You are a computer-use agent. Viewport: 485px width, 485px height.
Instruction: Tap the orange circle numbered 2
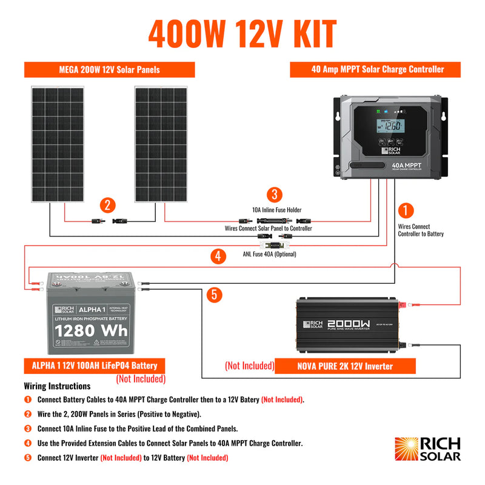(107, 205)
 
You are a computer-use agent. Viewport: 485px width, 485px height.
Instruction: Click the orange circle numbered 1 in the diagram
(405, 210)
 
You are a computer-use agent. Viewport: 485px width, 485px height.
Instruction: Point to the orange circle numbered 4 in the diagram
(217, 256)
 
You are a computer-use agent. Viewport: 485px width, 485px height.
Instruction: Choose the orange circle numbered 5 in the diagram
(213, 295)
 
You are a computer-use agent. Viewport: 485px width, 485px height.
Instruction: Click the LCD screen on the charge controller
(389, 127)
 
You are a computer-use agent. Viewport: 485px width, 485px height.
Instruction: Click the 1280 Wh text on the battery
(99, 332)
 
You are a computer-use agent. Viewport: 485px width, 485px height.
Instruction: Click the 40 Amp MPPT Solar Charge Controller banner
(377, 70)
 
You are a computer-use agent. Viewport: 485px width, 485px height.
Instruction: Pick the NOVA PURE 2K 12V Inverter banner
(345, 366)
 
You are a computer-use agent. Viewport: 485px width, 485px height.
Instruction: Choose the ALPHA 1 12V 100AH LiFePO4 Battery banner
(95, 366)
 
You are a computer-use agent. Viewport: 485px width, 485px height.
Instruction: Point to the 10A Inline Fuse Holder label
(276, 210)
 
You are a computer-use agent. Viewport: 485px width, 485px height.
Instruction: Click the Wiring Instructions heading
(57, 386)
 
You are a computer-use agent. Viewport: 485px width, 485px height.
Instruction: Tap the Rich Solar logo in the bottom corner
(427, 449)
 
